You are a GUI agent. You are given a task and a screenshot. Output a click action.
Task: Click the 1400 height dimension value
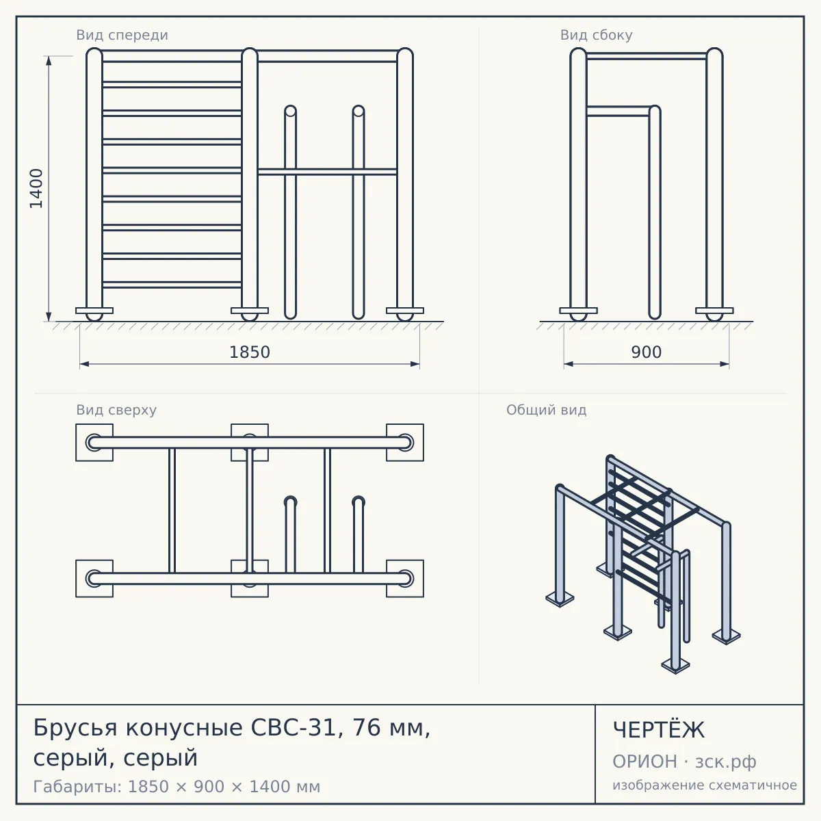pyautogui.click(x=37, y=188)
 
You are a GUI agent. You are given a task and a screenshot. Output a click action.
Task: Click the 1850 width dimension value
pyautogui.click(x=250, y=352)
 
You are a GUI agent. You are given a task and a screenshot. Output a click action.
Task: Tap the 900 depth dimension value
pyautogui.click(x=647, y=352)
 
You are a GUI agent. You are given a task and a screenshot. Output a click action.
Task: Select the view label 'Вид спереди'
pyautogui.click(x=122, y=35)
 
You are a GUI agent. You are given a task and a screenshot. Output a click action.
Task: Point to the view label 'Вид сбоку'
pyautogui.click(x=597, y=35)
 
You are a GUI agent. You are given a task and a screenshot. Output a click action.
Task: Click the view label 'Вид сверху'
pyautogui.click(x=116, y=410)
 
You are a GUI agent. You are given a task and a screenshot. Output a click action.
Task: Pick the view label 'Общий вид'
pyautogui.click(x=547, y=410)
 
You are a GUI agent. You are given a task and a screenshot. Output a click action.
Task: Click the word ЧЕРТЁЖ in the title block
pyautogui.click(x=659, y=730)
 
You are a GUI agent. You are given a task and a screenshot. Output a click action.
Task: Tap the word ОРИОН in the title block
pyautogui.click(x=644, y=761)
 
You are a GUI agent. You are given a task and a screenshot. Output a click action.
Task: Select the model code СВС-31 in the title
pyautogui.click(x=294, y=727)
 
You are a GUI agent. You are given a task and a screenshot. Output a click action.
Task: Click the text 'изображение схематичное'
pyautogui.click(x=705, y=785)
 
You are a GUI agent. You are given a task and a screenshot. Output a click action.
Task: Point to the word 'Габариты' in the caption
pyautogui.click(x=77, y=787)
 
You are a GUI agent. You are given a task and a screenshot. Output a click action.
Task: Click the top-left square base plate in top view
pyautogui.click(x=94, y=442)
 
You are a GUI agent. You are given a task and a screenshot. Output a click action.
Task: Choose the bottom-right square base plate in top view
pyautogui.click(x=405, y=579)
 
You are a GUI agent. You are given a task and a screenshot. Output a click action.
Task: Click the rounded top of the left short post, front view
pyautogui.click(x=291, y=111)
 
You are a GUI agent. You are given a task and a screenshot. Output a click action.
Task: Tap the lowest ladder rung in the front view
pyautogui.click(x=172, y=285)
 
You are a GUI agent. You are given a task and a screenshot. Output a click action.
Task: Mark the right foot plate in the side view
pyautogui.click(x=714, y=311)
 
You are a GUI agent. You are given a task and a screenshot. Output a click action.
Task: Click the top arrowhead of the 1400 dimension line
pyautogui.click(x=49, y=60)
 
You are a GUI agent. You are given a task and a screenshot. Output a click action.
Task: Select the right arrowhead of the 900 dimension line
pyautogui.click(x=725, y=364)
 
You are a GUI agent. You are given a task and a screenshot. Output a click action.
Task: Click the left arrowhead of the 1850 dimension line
pyautogui.click(x=84, y=364)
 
